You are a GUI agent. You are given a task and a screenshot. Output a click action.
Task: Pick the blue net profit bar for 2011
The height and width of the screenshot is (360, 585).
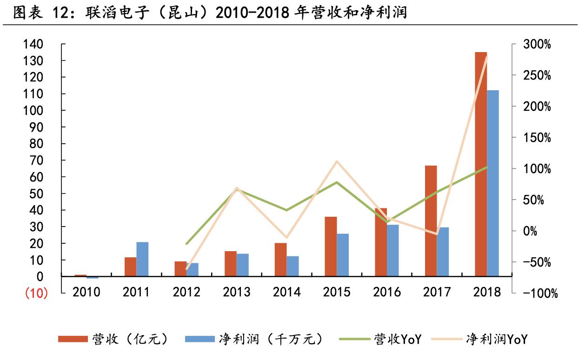click(142, 259)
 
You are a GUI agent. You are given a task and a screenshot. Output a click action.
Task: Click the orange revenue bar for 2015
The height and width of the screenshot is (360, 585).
click(331, 247)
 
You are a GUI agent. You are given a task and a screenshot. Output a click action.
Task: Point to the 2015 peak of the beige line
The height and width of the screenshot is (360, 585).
click(337, 161)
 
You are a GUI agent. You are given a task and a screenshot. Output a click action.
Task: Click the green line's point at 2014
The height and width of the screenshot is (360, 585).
click(286, 210)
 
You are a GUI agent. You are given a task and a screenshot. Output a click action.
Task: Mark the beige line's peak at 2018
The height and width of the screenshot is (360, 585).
click(487, 57)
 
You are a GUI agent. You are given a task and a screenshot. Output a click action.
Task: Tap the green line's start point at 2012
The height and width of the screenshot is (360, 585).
click(186, 244)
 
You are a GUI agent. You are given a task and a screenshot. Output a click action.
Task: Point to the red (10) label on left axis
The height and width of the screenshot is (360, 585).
click(36, 293)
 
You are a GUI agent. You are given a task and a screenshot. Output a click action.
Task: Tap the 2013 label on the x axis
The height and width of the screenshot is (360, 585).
click(236, 292)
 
